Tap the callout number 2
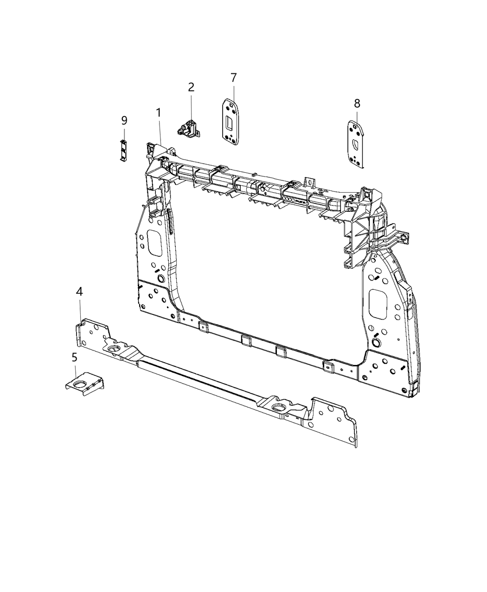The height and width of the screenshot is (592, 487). point(191,87)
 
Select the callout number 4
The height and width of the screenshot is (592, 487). point(80,292)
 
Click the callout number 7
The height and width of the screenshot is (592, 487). point(233,77)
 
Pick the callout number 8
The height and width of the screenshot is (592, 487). point(357,103)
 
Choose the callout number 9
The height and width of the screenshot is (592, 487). point(124,121)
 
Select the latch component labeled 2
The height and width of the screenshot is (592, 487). point(188,128)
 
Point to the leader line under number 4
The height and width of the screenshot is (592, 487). point(81,309)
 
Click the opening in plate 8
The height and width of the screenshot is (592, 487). point(356,144)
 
